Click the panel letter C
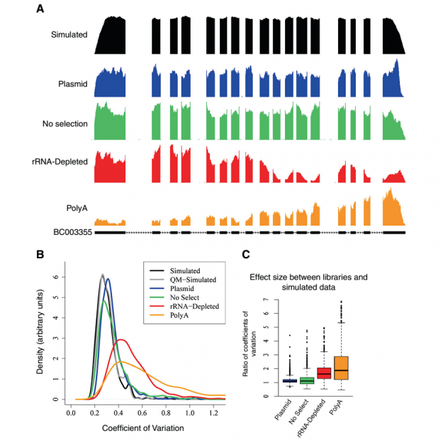coord(245,252)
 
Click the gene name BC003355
coord(72,231)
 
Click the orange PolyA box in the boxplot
coord(342,358)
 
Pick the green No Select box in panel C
coord(306,381)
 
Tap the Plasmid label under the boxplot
coord(281,413)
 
